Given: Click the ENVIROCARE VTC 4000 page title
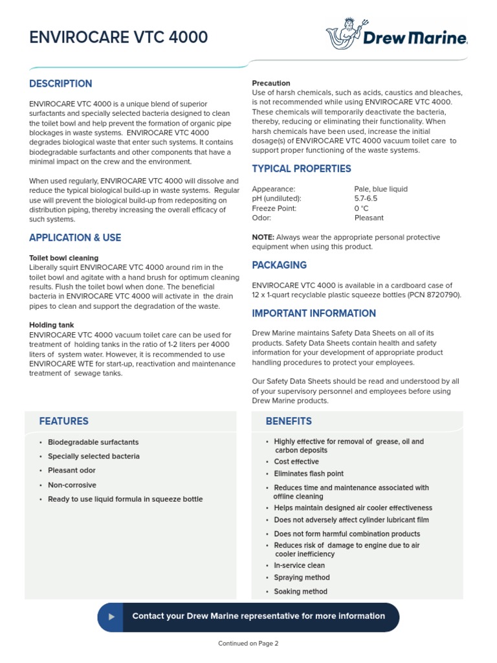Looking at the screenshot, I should coord(118,38).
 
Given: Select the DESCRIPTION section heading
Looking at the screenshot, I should coord(61,84).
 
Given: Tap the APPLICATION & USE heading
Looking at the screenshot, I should coord(75,238).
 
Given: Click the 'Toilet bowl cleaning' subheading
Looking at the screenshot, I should coord(64,258).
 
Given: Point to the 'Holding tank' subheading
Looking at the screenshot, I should coord(52,325).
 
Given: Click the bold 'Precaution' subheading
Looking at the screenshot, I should coord(271,84).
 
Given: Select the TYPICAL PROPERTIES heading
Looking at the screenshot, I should coord(302,169).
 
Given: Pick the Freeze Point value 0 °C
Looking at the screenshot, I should coord(361,208).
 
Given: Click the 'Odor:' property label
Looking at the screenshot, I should coord(262,218).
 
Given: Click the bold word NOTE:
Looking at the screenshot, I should coord(263,237).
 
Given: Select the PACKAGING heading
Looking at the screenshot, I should coord(279,265).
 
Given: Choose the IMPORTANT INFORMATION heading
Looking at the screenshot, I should coord(314,313).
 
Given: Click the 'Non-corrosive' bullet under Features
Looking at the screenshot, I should coord(72,485).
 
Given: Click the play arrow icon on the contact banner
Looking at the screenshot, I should coord(112,616).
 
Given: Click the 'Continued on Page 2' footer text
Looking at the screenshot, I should coord(248,644).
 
